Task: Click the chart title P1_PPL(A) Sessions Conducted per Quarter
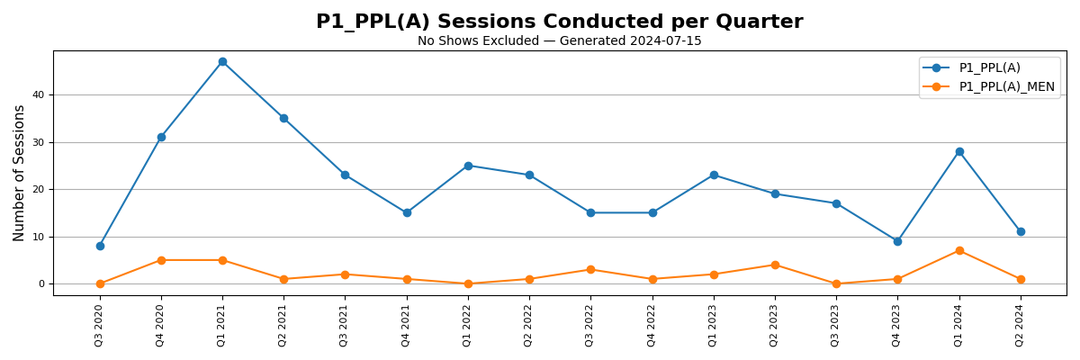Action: tap(559, 22)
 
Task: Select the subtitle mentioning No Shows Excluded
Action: tap(559, 41)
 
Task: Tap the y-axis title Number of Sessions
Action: tap(20, 173)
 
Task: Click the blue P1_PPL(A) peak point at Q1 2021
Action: tap(222, 62)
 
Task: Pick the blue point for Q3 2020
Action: tap(100, 246)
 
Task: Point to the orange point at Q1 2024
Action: tap(959, 251)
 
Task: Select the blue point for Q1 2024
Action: tap(959, 152)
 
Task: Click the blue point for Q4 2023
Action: tap(897, 241)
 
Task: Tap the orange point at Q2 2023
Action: tap(775, 265)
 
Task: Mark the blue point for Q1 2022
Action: tap(468, 166)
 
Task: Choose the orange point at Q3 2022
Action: tap(590, 270)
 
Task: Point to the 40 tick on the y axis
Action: tap(39, 95)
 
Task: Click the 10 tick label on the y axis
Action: tap(39, 237)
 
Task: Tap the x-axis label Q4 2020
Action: tap(161, 325)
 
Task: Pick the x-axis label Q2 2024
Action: tap(1021, 325)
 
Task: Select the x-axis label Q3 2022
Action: tap(590, 325)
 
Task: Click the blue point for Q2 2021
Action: tap(283, 119)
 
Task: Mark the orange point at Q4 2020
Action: tap(161, 260)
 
